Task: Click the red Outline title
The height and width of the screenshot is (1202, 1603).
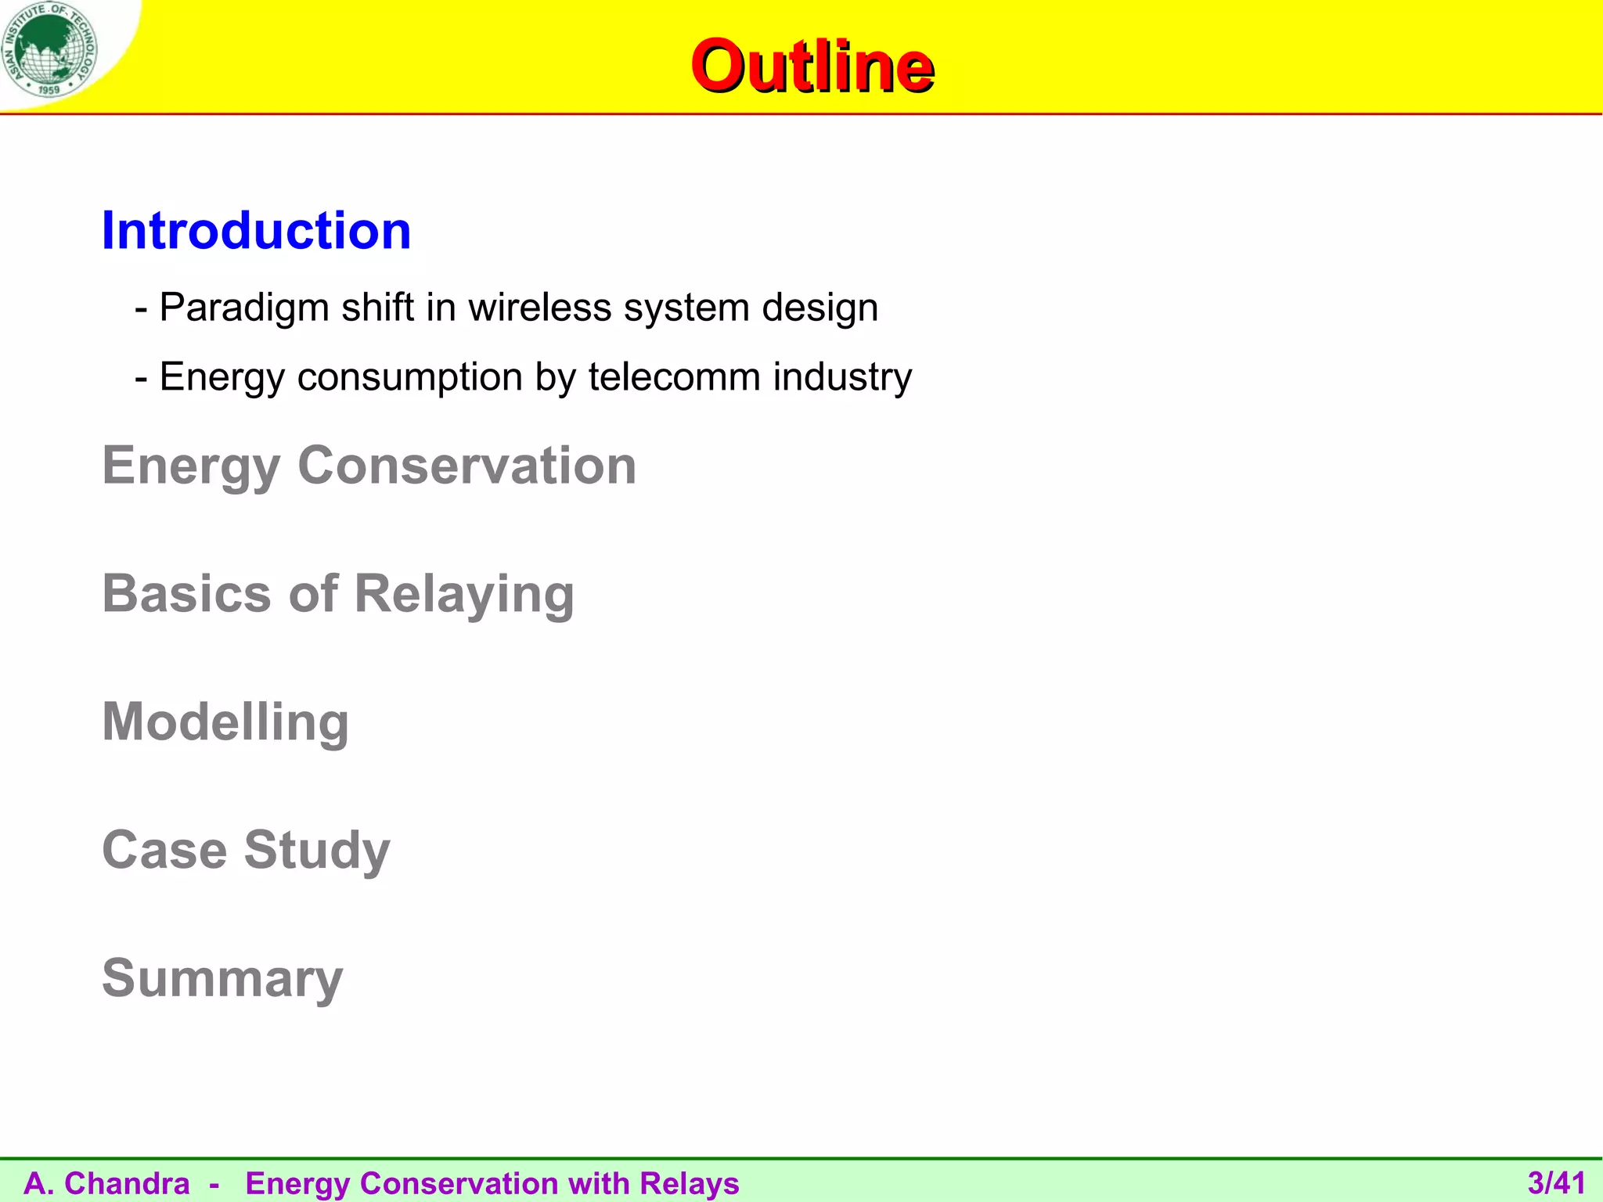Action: [812, 67]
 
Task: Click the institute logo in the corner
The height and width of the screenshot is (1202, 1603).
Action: [49, 49]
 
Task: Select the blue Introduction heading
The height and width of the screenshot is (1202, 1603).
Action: [256, 231]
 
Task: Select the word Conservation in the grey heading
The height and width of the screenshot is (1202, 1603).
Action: [466, 466]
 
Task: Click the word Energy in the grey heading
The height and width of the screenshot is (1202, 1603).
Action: [191, 466]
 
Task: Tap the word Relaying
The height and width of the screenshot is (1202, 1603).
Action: [464, 594]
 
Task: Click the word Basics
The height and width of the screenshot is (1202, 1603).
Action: [187, 594]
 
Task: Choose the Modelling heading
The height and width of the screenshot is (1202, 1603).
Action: [225, 722]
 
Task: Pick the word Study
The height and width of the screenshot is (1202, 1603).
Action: [316, 850]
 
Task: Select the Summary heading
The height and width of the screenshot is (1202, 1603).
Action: [222, 978]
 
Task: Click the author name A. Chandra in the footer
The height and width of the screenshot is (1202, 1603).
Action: [107, 1183]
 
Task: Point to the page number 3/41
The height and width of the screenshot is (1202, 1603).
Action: [1556, 1182]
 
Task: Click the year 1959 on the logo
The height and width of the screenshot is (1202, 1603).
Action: [49, 90]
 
